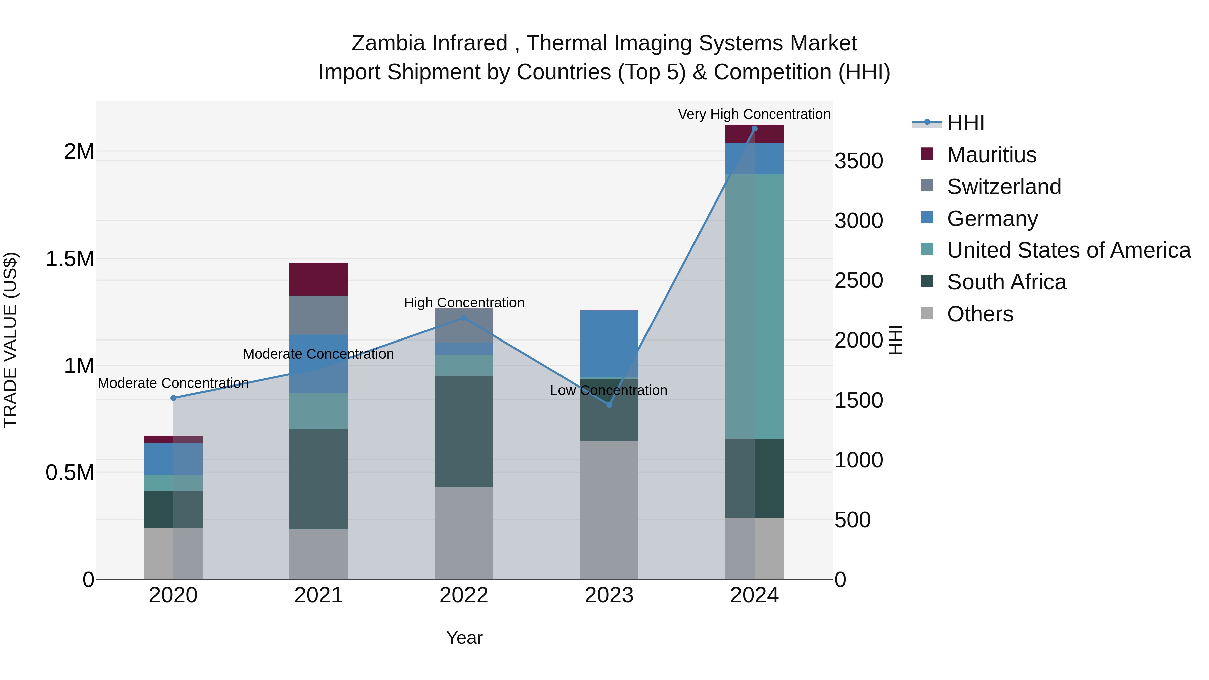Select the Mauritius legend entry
click(991, 155)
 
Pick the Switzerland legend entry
click(1003, 187)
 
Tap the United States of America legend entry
click(1068, 250)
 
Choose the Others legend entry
click(980, 314)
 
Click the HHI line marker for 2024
click(754, 129)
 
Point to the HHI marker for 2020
click(173, 398)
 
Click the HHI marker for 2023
click(609, 405)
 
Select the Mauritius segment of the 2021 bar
click(318, 279)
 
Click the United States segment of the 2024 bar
click(754, 306)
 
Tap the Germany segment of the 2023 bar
click(609, 344)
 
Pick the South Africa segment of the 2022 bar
click(464, 431)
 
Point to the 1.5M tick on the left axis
click(70, 259)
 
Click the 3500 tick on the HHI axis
click(858, 161)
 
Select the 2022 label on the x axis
click(464, 595)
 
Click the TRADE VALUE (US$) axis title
click(11, 340)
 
